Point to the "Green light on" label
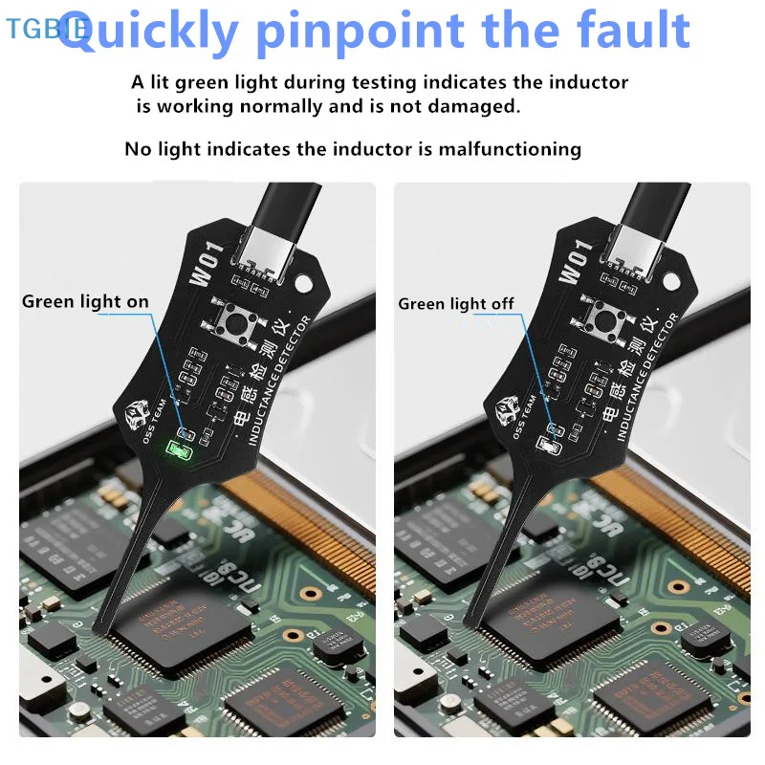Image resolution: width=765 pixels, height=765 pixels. [85, 302]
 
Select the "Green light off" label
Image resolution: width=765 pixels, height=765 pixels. [456, 304]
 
